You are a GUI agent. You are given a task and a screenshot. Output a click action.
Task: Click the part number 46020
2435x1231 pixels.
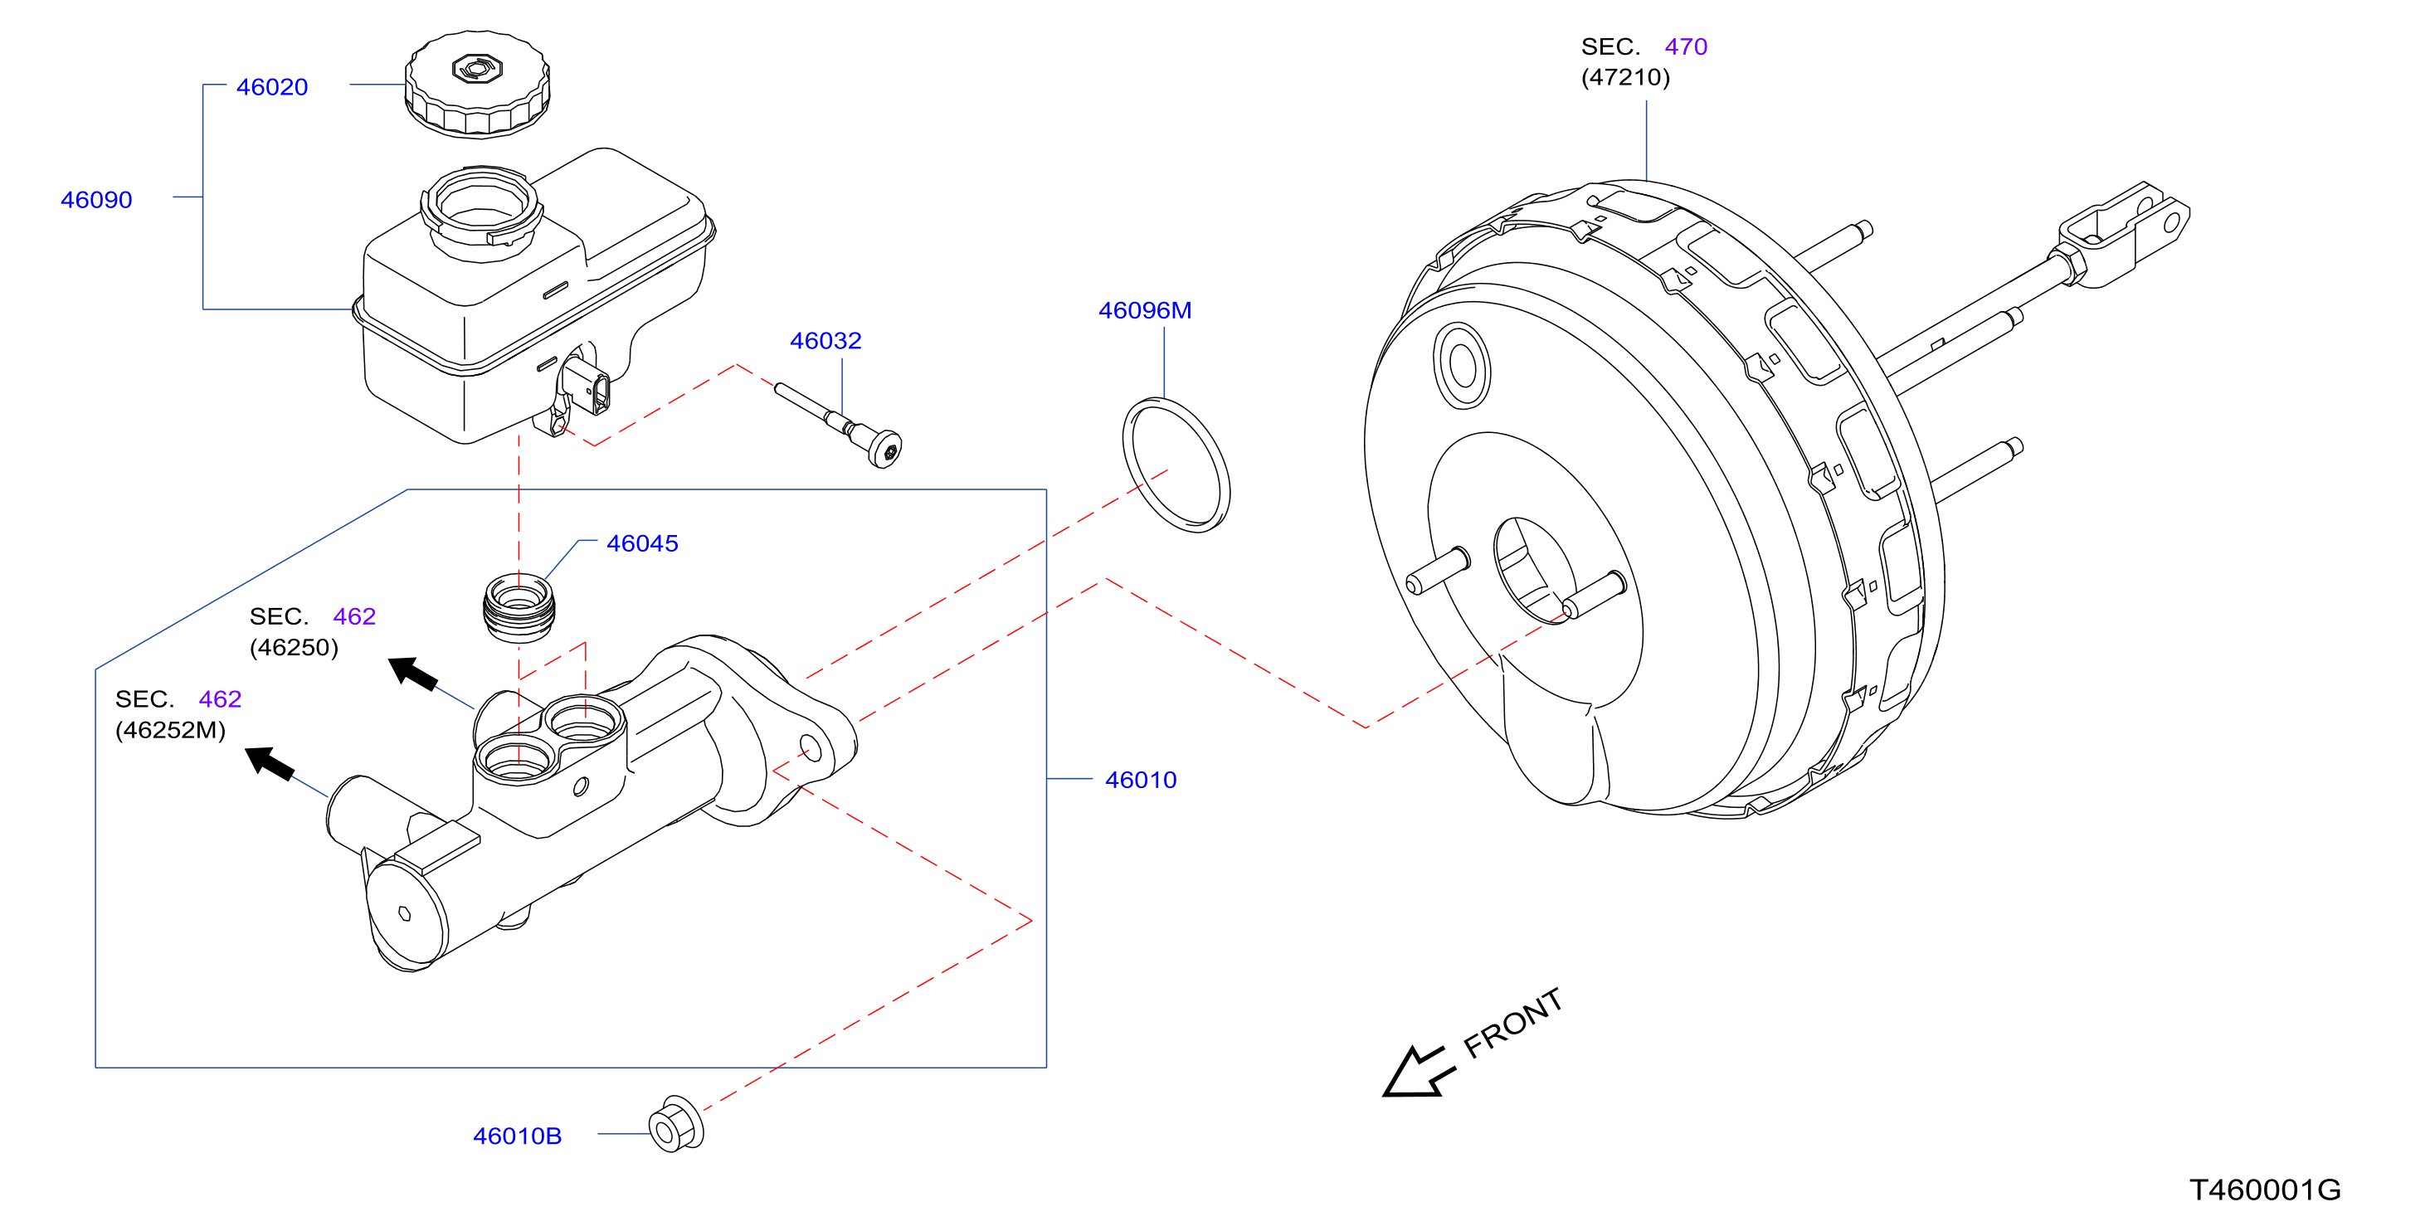click(272, 87)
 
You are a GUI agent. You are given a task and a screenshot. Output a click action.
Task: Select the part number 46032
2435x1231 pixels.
click(825, 340)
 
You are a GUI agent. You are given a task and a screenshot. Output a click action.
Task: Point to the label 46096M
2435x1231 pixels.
click(1145, 310)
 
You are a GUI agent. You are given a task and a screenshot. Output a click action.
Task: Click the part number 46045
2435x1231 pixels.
click(643, 543)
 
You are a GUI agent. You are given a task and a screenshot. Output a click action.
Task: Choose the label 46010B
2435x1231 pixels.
click(517, 1136)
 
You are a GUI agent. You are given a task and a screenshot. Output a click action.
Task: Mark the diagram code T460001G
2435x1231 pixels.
click(2265, 1190)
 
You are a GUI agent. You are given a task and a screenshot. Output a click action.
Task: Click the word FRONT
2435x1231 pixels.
click(1512, 1022)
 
